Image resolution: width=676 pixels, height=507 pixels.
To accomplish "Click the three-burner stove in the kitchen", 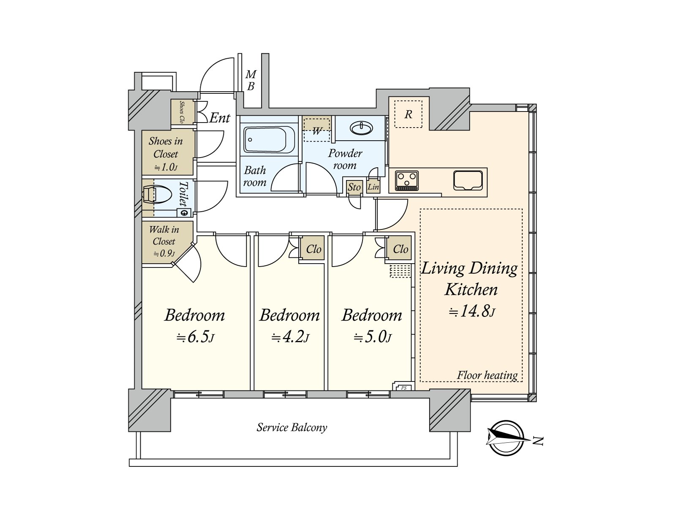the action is coord(407,180).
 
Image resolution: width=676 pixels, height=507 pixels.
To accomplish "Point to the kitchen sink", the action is coord(468,180).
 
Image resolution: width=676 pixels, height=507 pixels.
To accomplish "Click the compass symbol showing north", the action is coord(507,437).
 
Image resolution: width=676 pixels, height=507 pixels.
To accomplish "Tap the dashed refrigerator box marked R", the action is coord(409,114).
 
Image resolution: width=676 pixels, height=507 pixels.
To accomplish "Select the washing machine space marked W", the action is coord(317,130).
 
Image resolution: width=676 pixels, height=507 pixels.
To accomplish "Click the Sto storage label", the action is coord(354,187).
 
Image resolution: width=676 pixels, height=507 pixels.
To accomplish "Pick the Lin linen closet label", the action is coord(373,187).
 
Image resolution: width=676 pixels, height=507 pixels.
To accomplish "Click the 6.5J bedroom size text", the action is coord(195,338).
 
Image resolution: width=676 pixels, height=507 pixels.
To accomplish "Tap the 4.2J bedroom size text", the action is coord(290,338).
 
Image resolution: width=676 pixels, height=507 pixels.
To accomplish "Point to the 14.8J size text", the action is coord(472,312).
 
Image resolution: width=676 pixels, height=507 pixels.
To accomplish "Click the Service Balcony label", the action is coord(292,427).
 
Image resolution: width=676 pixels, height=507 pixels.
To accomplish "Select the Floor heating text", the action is coord(487,375).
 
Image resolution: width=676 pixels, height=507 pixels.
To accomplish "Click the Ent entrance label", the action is coord(220,118).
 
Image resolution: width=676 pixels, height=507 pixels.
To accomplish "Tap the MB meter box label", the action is coord(251,80).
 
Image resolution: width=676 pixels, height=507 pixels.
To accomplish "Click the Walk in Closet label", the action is coord(164,235).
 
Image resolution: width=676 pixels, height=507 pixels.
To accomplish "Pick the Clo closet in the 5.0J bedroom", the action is coord(401,249).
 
